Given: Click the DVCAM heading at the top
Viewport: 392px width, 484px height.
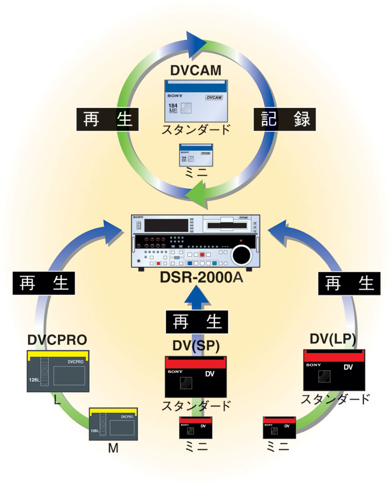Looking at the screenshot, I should [x=195, y=70].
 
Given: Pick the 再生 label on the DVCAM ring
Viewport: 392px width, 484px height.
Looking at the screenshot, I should [x=107, y=119].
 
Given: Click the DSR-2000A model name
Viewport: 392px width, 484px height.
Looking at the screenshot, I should [x=195, y=278].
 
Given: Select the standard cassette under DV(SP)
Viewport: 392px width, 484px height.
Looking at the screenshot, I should [x=195, y=376].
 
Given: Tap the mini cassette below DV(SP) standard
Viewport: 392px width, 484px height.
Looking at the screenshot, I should [x=195, y=428].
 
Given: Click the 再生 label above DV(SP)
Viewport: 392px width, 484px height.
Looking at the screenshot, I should [x=197, y=322].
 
